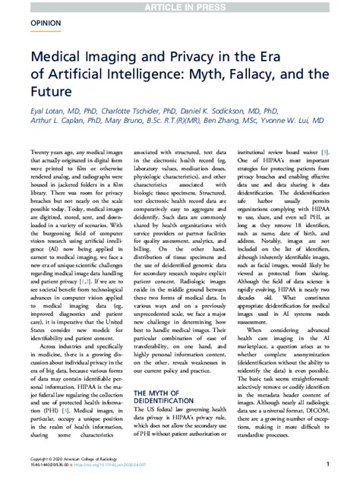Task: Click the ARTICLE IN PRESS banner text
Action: pyautogui.click(x=180, y=6)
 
